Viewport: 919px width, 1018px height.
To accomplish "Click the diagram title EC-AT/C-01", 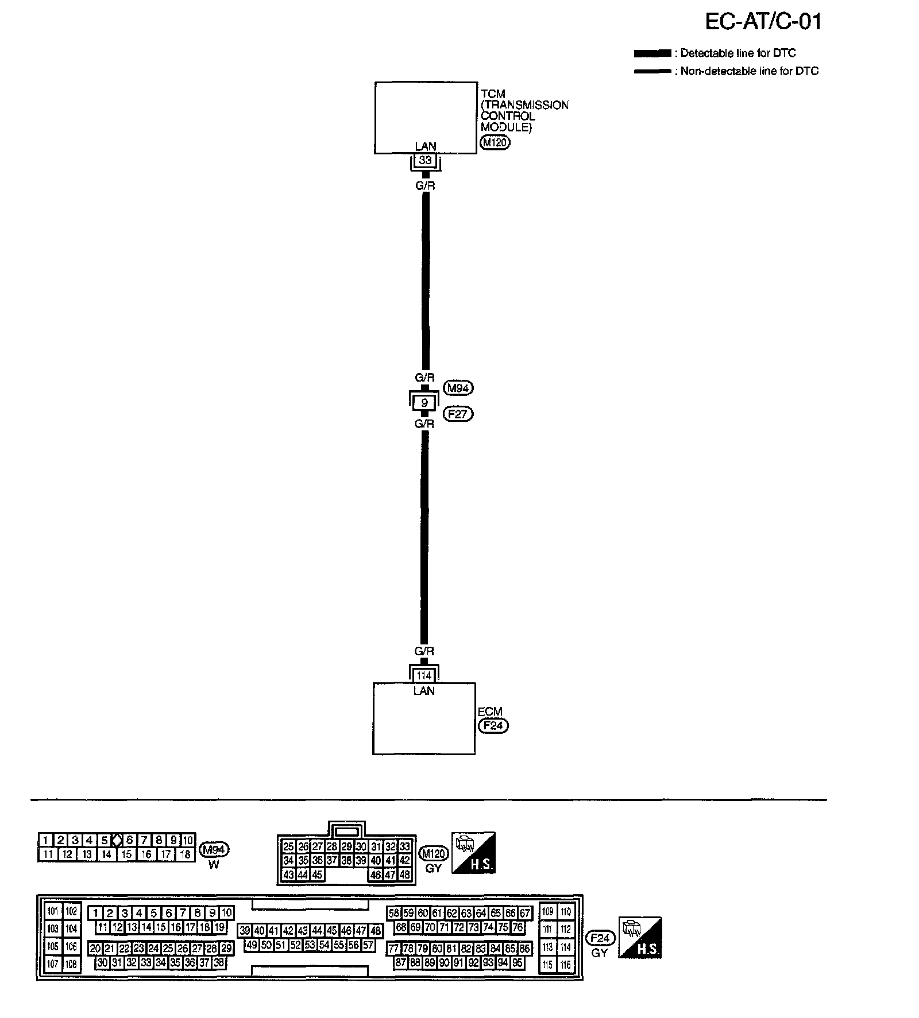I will click(x=763, y=22).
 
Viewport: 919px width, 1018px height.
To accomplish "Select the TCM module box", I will click(x=426, y=117).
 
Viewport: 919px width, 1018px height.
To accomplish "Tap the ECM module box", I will click(x=424, y=718).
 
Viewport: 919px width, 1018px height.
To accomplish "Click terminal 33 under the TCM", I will click(x=425, y=161).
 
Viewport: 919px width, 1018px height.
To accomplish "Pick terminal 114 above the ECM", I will click(x=424, y=675).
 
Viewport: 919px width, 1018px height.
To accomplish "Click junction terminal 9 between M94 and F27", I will click(x=424, y=403).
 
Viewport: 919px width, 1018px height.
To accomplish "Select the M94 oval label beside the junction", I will click(x=458, y=388).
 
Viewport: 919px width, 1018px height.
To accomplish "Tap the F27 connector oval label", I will click(x=458, y=414).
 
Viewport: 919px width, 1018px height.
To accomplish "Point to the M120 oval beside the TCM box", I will click(x=495, y=142).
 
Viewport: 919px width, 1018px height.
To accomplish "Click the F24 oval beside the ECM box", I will click(x=493, y=725).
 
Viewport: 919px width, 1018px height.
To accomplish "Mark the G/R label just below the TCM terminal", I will click(x=425, y=186).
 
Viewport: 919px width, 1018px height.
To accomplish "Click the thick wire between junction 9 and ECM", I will click(x=424, y=539).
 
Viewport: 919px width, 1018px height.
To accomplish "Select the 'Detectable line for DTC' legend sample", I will click(x=652, y=53).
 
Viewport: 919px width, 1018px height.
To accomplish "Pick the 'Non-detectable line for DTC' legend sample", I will click(x=652, y=72).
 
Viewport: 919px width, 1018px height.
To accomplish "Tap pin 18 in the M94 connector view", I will click(x=185, y=854).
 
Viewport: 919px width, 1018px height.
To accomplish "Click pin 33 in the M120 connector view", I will click(x=404, y=846).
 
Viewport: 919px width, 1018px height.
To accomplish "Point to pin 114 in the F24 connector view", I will click(x=566, y=947).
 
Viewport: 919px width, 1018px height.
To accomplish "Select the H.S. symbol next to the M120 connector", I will click(x=473, y=853).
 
